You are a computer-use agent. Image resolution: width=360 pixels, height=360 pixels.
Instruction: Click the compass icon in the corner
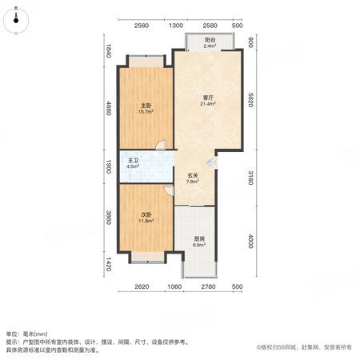coord(16,21)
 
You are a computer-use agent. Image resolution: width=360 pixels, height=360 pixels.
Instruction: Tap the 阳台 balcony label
coord(210,40)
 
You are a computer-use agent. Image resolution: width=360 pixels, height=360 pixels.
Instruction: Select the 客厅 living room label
coord(208,98)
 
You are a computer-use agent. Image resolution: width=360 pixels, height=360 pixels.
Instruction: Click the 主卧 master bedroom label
coord(146,106)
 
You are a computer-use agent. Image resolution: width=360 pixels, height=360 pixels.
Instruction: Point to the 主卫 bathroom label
coord(134,161)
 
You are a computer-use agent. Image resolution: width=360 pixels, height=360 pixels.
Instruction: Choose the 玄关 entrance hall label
coord(193,176)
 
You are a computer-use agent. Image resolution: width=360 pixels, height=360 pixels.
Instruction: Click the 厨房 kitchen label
coord(199,238)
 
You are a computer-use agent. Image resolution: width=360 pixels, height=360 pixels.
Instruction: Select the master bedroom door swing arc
coord(161,145)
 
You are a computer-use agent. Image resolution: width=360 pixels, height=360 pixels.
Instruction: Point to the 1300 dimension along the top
coord(176,26)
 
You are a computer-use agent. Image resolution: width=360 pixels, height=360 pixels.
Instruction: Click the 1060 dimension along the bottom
coord(174,286)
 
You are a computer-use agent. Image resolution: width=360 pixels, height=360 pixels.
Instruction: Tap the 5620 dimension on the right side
coord(250,100)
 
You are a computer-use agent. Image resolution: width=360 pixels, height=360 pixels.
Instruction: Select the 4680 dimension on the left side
coord(109,108)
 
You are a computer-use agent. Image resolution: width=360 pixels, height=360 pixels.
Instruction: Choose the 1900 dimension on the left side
coord(109,166)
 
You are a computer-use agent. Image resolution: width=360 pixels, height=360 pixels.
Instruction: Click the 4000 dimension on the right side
coord(250,241)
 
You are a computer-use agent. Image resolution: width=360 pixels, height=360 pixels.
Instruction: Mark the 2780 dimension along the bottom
coord(208,286)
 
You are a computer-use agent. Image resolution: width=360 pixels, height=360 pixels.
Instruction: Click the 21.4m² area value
coord(208,104)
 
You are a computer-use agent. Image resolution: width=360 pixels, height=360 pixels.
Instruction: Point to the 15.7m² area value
coord(146,112)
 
